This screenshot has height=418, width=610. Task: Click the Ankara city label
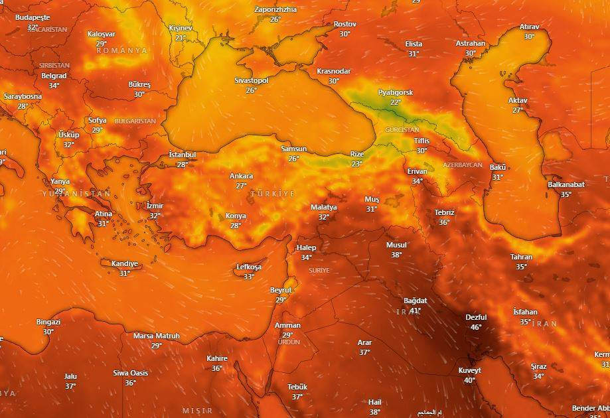pyautogui.click(x=241, y=176)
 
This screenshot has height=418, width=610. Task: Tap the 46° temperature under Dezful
pyautogui.click(x=476, y=327)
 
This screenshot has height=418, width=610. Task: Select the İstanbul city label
pyautogui.click(x=183, y=155)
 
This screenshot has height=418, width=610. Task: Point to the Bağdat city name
pyautogui.click(x=415, y=301)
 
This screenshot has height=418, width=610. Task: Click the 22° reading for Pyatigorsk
pyautogui.click(x=396, y=102)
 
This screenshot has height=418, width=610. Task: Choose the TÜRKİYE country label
pyautogui.click(x=273, y=193)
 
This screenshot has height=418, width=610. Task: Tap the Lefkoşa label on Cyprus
pyautogui.click(x=249, y=267)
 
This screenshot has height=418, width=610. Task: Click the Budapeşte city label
pyautogui.click(x=33, y=17)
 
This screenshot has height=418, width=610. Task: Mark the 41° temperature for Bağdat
pyautogui.click(x=416, y=311)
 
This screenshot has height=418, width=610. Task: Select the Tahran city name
pyautogui.click(x=521, y=257)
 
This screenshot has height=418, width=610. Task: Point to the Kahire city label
pyautogui.click(x=217, y=358)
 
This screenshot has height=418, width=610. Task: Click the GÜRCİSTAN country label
pyautogui.click(x=402, y=129)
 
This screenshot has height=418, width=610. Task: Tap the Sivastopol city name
pyautogui.click(x=252, y=80)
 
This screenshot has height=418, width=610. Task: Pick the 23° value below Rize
pyautogui.click(x=357, y=164)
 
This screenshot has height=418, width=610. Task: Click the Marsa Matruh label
pyautogui.click(x=157, y=336)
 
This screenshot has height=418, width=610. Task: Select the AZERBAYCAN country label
pyautogui.click(x=463, y=165)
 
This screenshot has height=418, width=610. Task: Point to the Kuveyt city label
pyautogui.click(x=469, y=370)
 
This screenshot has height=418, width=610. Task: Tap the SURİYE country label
pyautogui.click(x=319, y=271)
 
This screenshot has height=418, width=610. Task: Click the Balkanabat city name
pyautogui.click(x=566, y=184)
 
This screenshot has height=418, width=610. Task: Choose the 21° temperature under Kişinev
pyautogui.click(x=180, y=38)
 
